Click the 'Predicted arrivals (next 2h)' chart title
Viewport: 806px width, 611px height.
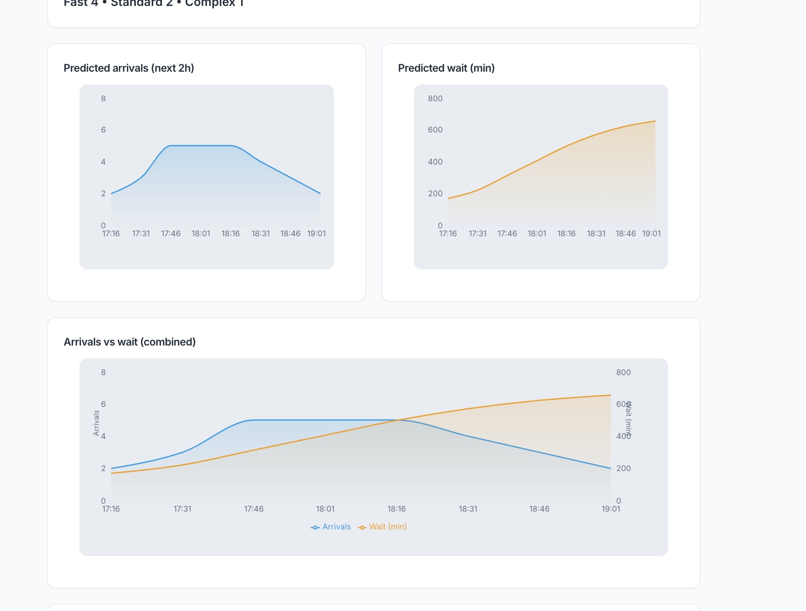click(129, 68)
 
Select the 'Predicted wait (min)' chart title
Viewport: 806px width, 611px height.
click(446, 68)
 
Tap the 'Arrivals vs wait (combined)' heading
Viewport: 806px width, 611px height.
click(129, 342)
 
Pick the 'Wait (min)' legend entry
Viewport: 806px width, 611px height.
click(383, 527)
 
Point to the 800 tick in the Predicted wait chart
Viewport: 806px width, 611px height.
click(435, 98)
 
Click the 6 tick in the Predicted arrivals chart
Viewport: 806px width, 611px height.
click(103, 130)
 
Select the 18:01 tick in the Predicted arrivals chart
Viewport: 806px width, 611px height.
click(201, 234)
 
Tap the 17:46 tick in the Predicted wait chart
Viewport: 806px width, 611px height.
click(507, 234)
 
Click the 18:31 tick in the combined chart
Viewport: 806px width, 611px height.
click(468, 509)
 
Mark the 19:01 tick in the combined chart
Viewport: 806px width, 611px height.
click(611, 509)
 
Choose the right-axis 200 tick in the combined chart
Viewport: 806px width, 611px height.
click(623, 468)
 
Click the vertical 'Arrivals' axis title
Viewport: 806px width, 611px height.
click(96, 423)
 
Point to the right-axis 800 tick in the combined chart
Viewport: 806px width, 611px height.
click(623, 372)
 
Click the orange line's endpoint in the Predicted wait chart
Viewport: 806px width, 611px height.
click(655, 121)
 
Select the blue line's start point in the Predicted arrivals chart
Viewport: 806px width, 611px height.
click(112, 193)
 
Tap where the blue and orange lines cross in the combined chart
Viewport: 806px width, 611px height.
click(399, 420)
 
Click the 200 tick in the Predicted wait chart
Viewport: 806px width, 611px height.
click(435, 193)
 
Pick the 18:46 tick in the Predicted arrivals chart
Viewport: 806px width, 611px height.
click(290, 234)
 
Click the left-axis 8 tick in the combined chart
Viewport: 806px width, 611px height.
click(103, 372)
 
